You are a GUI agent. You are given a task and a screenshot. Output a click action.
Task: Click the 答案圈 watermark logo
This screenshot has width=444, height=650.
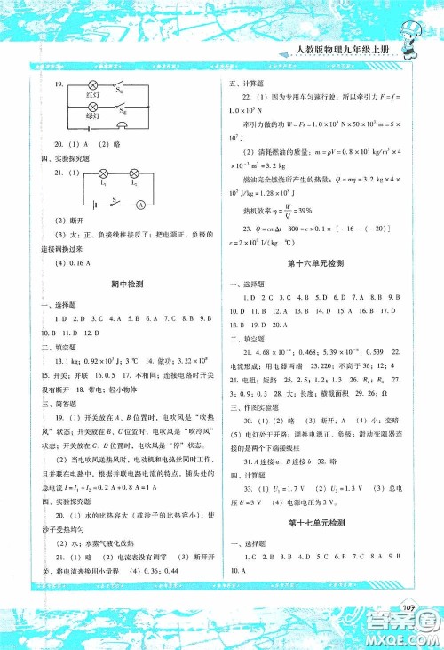point(408,628)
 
